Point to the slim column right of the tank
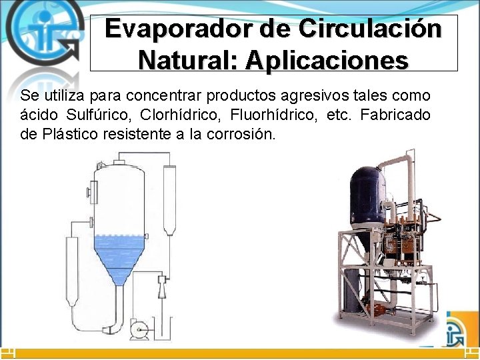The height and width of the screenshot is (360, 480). coord(169,200)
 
